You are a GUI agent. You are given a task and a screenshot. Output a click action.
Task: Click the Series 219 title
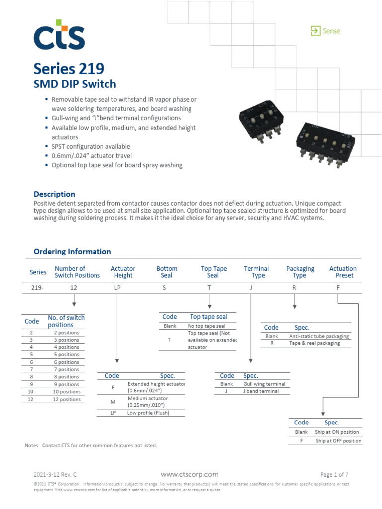[x=69, y=68]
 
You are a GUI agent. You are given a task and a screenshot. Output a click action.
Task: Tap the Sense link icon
[x=315, y=31]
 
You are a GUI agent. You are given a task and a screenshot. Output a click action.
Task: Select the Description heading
[x=54, y=194]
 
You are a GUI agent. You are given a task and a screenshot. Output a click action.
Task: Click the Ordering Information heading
[x=72, y=252]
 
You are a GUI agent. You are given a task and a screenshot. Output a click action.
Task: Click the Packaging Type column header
[x=300, y=272]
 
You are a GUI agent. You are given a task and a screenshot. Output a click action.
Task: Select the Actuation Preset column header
[x=343, y=272]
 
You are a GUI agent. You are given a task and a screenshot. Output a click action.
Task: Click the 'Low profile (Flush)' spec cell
[x=149, y=413]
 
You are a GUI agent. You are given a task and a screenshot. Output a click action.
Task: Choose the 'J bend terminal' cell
[x=261, y=391]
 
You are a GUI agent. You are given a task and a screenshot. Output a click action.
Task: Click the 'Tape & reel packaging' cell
[x=315, y=343]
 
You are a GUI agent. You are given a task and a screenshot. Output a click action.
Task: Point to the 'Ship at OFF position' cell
[x=338, y=441]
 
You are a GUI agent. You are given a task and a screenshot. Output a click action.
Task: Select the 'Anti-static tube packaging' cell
[x=319, y=336]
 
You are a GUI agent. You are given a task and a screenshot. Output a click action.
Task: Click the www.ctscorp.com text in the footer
[x=190, y=474]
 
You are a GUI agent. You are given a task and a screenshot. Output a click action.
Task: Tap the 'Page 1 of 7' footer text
[x=334, y=474]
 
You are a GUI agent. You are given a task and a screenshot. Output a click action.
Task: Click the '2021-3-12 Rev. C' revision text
[x=55, y=474]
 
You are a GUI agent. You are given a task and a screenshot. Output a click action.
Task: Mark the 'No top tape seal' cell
[x=206, y=326]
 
